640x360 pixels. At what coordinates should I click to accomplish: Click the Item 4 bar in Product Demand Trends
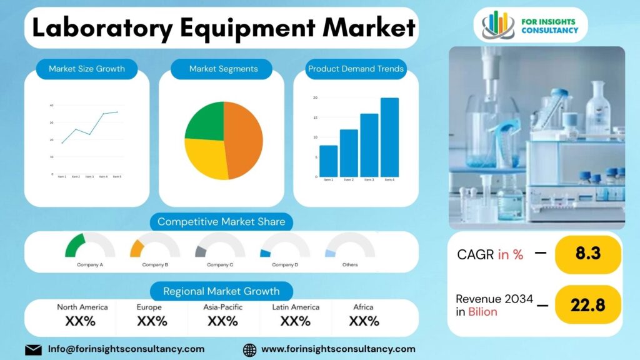tap(389, 137)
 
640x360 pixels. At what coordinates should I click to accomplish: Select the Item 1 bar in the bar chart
tap(328, 161)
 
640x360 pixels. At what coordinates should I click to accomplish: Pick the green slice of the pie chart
tap(206, 121)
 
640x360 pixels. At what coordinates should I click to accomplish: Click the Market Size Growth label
tap(87, 69)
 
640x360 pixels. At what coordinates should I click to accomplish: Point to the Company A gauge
tap(89, 247)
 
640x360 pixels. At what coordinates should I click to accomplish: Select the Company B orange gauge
tap(154, 247)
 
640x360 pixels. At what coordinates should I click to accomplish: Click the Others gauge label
tap(350, 265)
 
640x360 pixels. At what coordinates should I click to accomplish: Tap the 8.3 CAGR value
tap(587, 254)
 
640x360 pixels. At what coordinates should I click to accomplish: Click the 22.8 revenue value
tap(587, 305)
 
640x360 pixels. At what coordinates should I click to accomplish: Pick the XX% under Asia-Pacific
tap(222, 321)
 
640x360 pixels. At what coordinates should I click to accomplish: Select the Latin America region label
tap(296, 307)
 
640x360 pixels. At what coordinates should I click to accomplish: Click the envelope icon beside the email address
tap(34, 349)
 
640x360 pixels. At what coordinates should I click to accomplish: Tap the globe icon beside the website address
tap(249, 349)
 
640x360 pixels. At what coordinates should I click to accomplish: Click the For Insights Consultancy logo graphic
tap(497, 24)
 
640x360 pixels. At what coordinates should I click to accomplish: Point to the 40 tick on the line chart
tap(51, 106)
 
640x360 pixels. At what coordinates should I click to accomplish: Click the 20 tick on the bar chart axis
tap(315, 98)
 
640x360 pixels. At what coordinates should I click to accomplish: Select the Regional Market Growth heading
tap(221, 291)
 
